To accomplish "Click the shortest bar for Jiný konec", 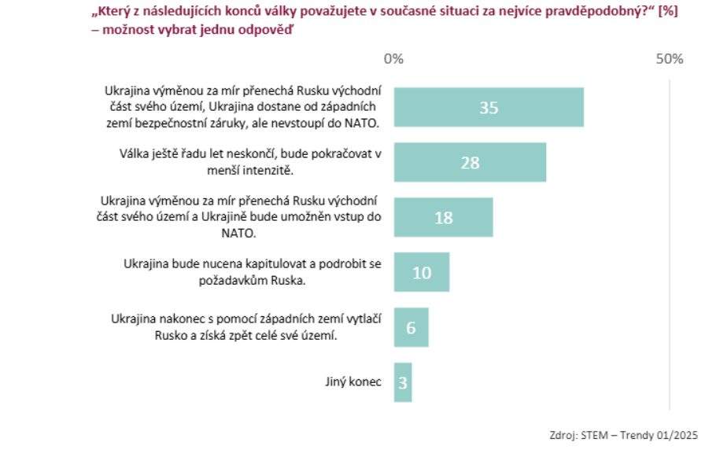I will click(x=402, y=382).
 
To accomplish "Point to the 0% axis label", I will click(x=393, y=59).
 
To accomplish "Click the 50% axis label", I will click(x=669, y=59).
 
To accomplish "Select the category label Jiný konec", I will click(x=353, y=382).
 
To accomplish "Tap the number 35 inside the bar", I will click(x=489, y=108).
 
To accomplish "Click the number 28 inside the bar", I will click(x=470, y=163).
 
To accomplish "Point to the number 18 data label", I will click(x=443, y=218).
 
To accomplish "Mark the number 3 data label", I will click(x=402, y=383).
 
